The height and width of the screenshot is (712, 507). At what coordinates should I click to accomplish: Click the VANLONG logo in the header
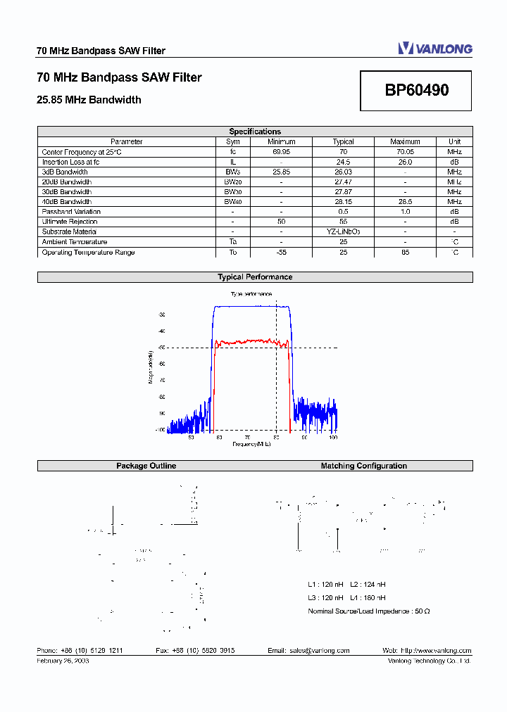(434, 49)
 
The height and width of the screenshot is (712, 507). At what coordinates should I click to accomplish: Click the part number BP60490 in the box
(417, 91)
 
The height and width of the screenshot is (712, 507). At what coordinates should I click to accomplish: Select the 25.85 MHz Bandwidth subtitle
(89, 100)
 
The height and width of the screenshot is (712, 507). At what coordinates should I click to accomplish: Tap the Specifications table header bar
(255, 132)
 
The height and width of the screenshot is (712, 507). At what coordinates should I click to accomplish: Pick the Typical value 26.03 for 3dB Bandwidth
(343, 172)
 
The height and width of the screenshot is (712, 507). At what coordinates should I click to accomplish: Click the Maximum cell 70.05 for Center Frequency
(405, 152)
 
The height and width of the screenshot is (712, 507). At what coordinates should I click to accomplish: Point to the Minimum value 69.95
(281, 152)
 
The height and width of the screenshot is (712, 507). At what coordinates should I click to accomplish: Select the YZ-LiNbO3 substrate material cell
(343, 231)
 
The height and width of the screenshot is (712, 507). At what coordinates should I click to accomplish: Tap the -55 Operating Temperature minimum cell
(281, 252)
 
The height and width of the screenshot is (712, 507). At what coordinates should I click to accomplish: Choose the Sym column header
(232, 141)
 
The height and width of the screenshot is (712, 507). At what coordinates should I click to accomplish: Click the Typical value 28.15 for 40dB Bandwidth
(343, 202)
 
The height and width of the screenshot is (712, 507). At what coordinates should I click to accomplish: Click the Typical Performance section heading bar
(255, 277)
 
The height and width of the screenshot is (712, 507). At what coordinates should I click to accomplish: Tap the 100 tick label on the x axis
(333, 437)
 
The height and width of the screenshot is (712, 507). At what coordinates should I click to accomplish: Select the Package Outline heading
(146, 466)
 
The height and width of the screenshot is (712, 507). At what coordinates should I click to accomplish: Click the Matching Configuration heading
(364, 466)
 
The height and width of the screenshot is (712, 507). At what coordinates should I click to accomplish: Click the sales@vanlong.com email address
(319, 651)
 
